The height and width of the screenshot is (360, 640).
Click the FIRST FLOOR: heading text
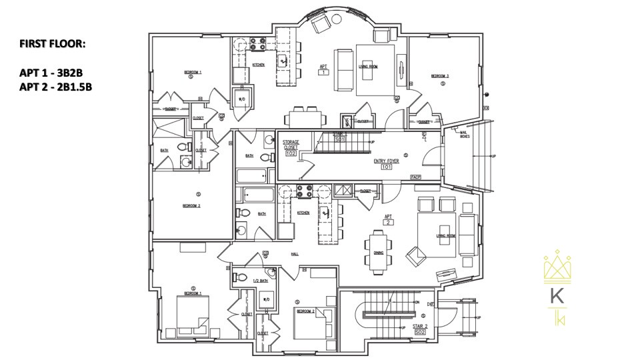(53, 44)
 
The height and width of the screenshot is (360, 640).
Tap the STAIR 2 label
(420, 327)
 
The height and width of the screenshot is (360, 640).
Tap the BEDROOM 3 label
(439, 76)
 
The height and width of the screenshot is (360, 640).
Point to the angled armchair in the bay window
(320, 24)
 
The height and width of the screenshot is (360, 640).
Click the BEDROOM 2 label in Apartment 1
(191, 206)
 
